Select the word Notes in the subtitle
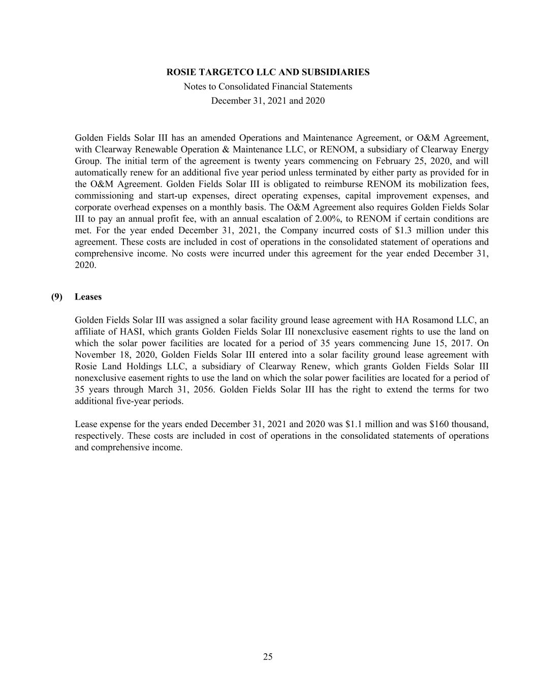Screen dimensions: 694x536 (x=195, y=86)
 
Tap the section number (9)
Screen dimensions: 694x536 (x=56, y=297)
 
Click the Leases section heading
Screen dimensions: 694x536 (x=88, y=297)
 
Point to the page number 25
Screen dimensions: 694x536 (x=268, y=657)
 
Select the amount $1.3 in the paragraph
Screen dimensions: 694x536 (x=404, y=231)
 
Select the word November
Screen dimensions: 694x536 (x=96, y=355)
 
